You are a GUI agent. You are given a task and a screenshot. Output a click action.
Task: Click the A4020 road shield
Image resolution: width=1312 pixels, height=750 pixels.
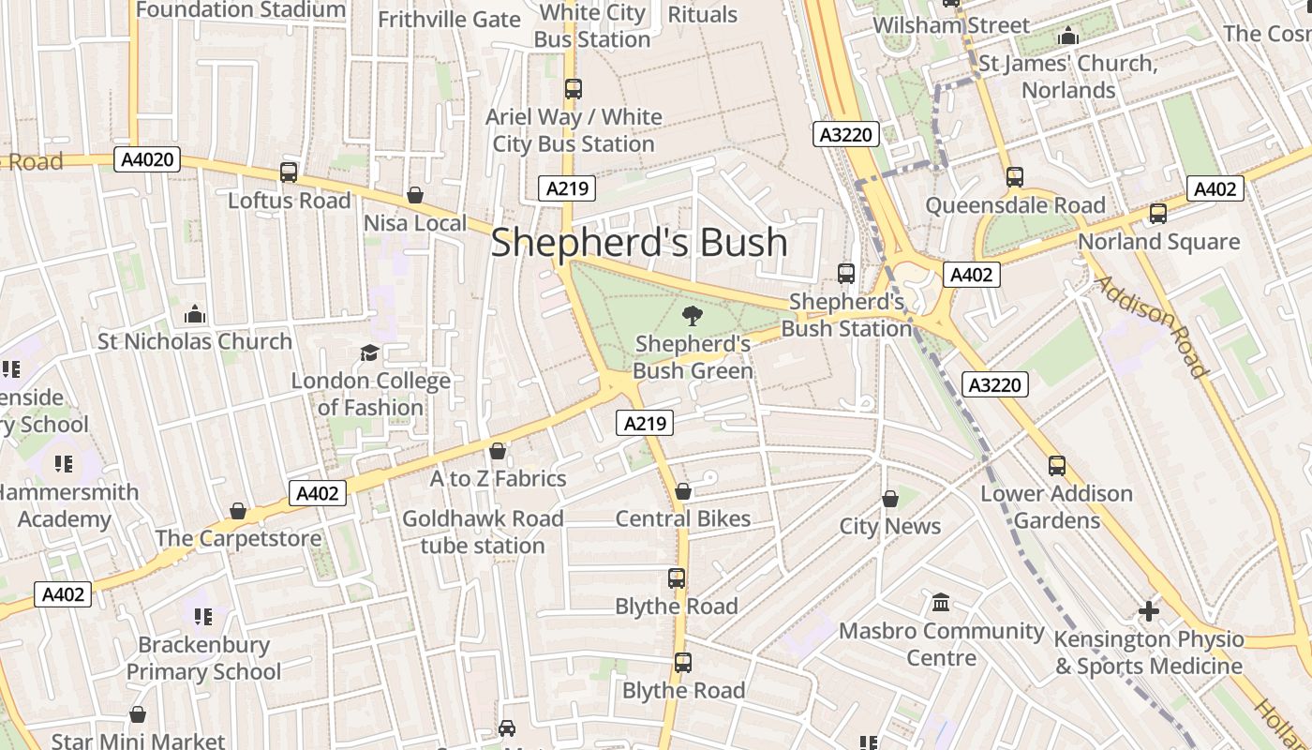(x=148, y=159)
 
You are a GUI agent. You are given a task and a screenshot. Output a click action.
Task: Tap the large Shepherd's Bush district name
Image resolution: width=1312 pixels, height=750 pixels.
(x=639, y=242)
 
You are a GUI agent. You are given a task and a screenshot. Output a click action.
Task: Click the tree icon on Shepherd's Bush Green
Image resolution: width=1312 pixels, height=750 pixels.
(x=693, y=316)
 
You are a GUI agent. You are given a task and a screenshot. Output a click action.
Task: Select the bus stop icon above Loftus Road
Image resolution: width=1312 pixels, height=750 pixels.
(x=289, y=172)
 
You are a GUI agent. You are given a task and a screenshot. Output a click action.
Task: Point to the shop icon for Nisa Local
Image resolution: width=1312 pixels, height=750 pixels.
(x=415, y=195)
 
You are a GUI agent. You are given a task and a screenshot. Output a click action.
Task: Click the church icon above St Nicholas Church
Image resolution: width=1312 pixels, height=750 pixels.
(x=195, y=313)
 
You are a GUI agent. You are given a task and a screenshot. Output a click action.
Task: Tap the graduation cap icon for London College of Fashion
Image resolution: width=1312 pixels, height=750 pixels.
(x=370, y=353)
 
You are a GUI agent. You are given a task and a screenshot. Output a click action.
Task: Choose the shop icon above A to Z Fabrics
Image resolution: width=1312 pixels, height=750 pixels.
(x=498, y=451)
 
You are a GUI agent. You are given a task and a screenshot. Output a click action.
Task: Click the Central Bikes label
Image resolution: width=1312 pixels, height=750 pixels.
(x=683, y=518)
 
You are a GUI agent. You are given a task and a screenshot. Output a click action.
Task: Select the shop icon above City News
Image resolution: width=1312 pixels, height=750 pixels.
(x=890, y=499)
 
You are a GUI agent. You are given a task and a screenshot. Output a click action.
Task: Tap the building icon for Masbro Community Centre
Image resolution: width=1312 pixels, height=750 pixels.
(x=941, y=602)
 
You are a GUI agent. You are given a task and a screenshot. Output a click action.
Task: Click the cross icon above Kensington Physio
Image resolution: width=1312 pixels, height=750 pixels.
(x=1149, y=612)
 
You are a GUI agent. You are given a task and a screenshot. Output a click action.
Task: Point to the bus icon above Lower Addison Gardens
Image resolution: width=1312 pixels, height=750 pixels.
(x=1057, y=465)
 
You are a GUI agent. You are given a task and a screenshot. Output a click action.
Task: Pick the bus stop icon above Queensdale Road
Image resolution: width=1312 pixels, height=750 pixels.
(x=1015, y=177)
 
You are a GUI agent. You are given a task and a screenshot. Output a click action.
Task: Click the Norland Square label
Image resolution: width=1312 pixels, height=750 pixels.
(x=1158, y=242)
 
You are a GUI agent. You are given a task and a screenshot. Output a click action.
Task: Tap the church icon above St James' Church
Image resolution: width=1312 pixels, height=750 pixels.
(x=1067, y=37)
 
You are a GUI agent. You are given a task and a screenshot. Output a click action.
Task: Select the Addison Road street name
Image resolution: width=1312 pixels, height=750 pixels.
(x=1151, y=325)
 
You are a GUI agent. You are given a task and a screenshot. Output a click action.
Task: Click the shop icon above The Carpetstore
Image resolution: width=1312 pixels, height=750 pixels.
(x=238, y=511)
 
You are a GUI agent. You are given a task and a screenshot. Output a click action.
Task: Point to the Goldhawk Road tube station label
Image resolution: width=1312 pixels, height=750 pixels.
(x=483, y=532)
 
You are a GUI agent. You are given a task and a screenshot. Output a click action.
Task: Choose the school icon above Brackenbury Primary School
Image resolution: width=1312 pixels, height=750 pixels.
(x=203, y=617)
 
